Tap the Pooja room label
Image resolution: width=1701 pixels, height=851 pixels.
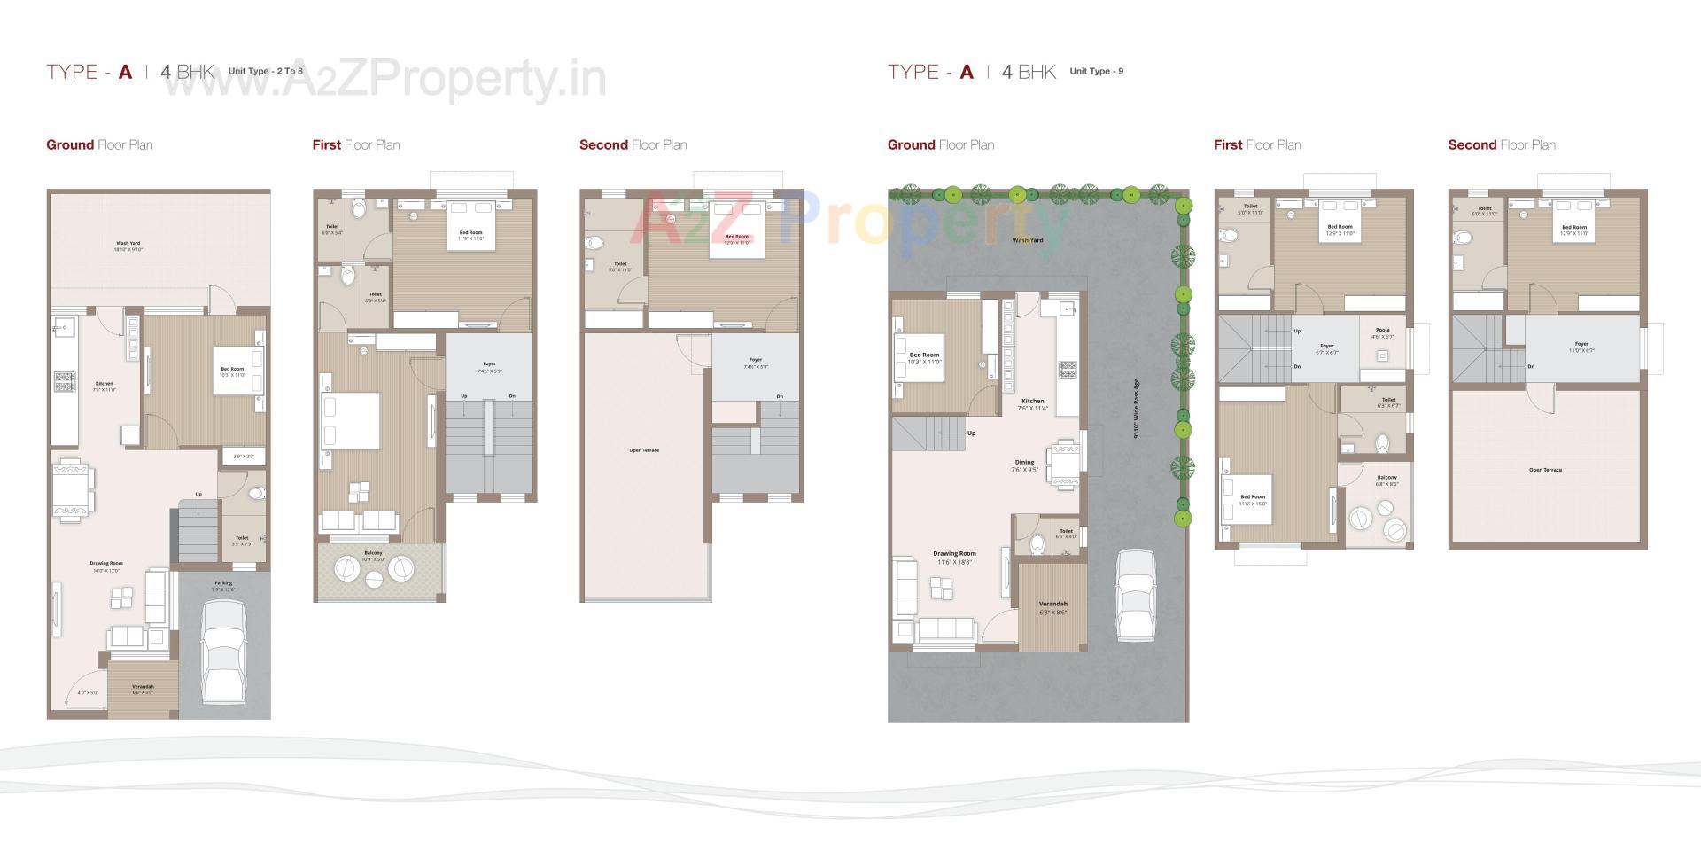[x=1382, y=332]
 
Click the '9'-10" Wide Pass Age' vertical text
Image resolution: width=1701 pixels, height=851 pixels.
[x=1137, y=408]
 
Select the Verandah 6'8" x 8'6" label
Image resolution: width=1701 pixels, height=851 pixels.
[x=1052, y=607]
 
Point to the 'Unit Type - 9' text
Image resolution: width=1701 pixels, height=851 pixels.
[x=1096, y=71]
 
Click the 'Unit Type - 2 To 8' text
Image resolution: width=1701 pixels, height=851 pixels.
[x=265, y=71]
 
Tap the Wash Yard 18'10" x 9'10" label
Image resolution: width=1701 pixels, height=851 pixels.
[x=128, y=246]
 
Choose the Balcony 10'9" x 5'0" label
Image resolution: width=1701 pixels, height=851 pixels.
[x=373, y=556]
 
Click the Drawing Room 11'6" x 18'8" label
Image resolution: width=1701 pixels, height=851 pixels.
[x=954, y=558]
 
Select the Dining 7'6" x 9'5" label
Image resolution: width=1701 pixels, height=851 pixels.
[x=1024, y=465]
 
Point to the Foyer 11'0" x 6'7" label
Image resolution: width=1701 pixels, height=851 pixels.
[x=1581, y=347]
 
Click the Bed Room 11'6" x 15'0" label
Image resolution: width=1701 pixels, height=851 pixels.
[x=1253, y=500]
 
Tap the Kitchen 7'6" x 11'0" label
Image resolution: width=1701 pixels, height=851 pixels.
[x=104, y=386]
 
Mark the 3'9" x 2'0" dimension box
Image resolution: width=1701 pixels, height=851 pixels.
[x=244, y=456]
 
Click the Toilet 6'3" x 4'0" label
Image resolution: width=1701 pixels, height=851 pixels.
[x=1066, y=534]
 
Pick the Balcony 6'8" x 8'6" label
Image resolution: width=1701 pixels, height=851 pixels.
[x=1386, y=480]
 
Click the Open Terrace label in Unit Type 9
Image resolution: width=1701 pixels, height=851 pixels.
[x=1545, y=470]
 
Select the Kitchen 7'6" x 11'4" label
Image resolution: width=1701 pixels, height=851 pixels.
[x=1032, y=404]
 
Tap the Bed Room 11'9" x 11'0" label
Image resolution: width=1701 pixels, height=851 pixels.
[x=470, y=235]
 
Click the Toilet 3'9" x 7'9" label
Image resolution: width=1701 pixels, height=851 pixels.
[x=242, y=540]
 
